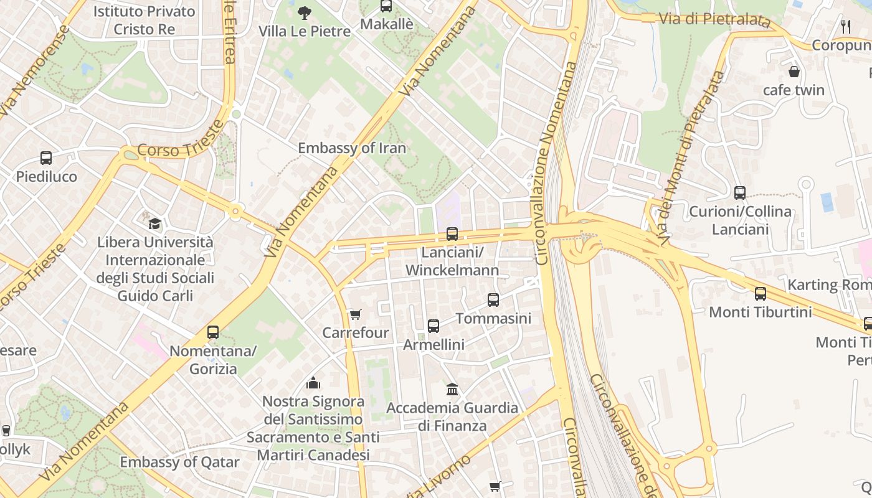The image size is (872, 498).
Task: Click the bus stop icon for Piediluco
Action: click(x=46, y=158)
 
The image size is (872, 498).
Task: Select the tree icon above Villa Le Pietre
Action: click(x=304, y=12)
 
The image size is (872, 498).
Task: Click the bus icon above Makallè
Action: click(x=386, y=6)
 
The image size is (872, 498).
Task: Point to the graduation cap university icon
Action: click(x=154, y=223)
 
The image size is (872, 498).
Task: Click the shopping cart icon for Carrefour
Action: click(x=355, y=314)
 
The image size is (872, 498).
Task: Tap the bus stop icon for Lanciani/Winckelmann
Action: click(x=452, y=234)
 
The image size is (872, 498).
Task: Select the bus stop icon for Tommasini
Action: click(x=493, y=300)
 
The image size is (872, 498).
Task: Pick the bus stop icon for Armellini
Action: click(x=434, y=326)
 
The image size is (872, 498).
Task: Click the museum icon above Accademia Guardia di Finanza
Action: click(x=452, y=390)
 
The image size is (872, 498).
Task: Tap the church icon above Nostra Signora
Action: click(x=313, y=382)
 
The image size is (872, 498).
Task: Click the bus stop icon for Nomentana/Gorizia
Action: click(x=213, y=332)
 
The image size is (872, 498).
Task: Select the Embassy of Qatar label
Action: click(x=179, y=462)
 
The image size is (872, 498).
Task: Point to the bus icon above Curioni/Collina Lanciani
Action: click(x=740, y=193)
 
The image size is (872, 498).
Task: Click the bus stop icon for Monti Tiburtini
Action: click(x=761, y=294)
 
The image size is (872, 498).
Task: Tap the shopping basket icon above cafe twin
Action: click(x=794, y=72)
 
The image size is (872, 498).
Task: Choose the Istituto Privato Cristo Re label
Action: click(x=144, y=20)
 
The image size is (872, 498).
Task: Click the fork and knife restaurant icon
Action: click(x=846, y=26)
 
